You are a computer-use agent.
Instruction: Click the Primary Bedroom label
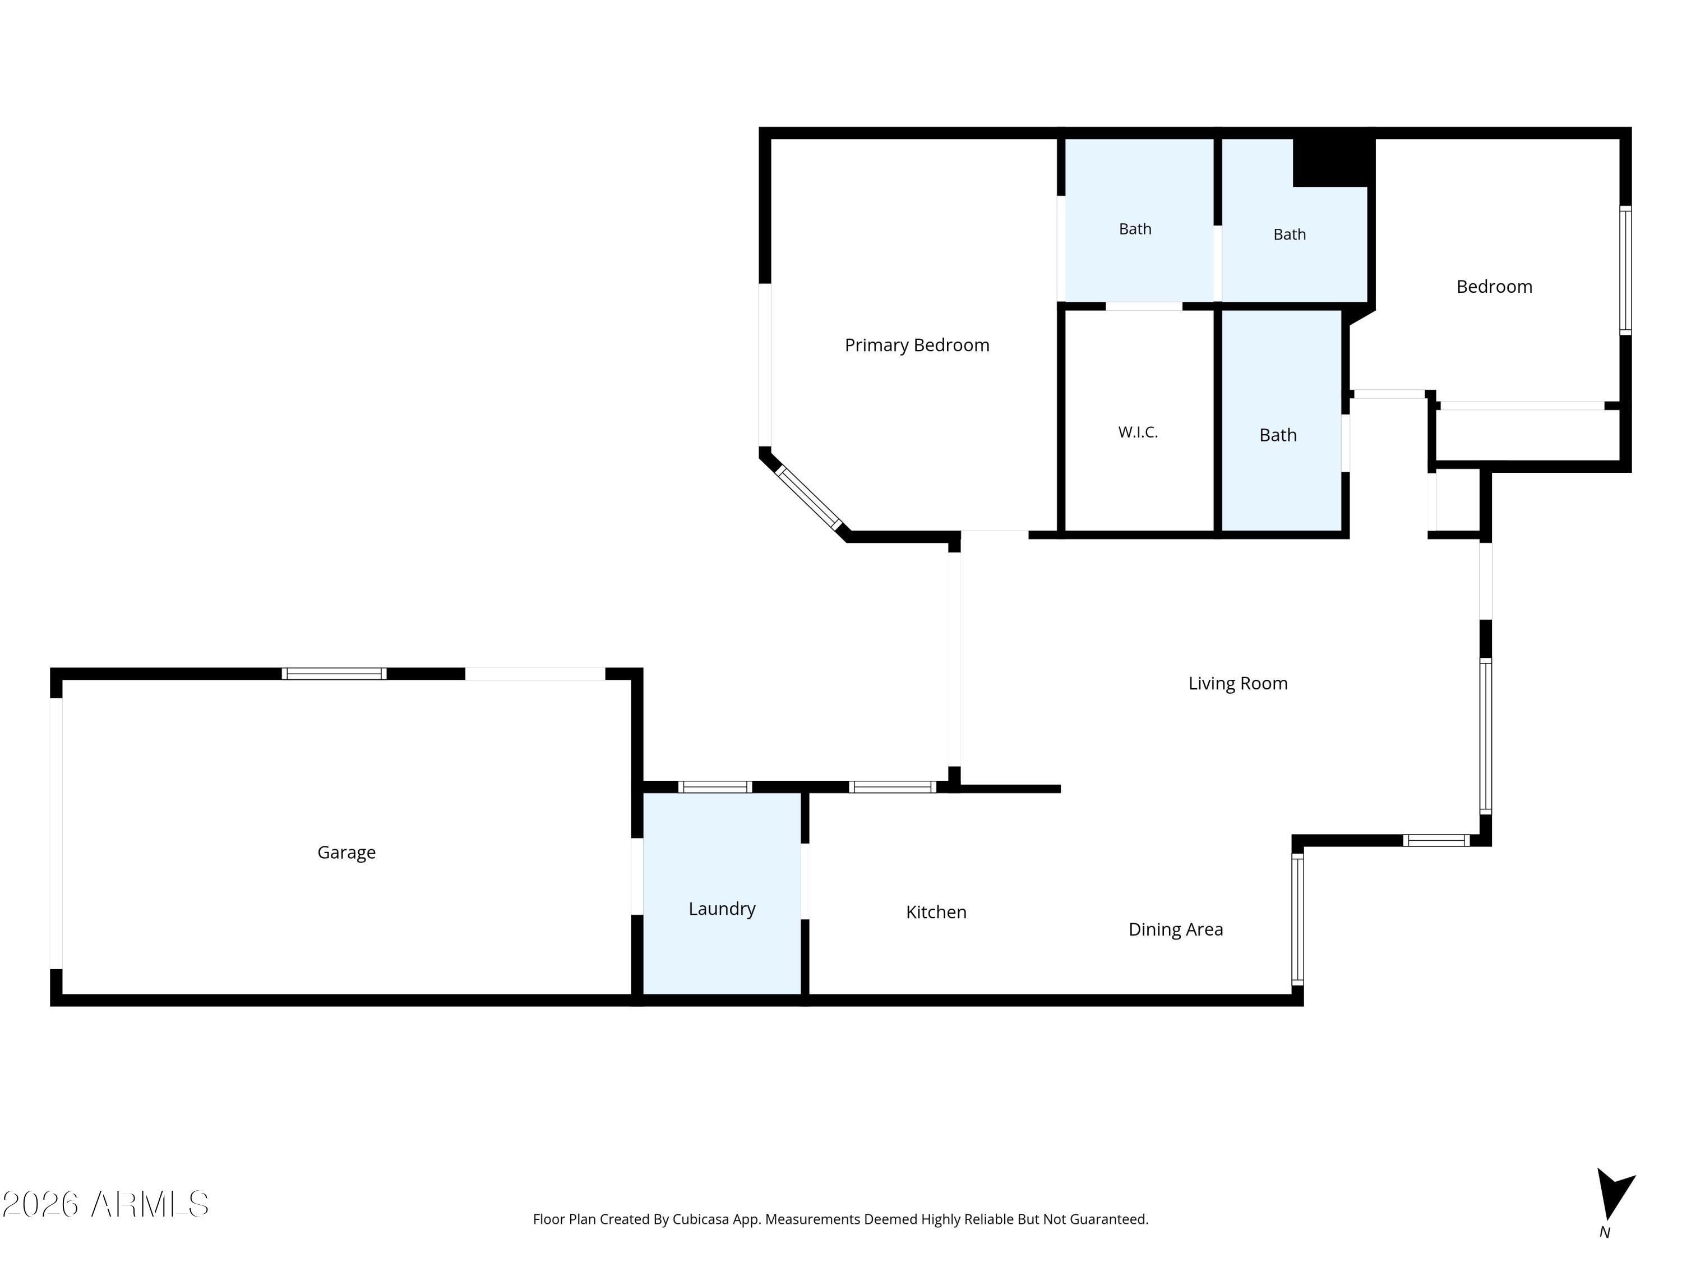click(x=917, y=346)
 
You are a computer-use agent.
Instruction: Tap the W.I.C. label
click(x=1138, y=432)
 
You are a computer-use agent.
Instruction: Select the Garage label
click(x=346, y=853)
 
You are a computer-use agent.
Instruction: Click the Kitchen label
click(x=936, y=912)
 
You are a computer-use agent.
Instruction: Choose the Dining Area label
click(x=1176, y=929)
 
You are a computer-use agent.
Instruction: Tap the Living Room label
click(x=1238, y=683)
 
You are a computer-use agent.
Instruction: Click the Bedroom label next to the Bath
click(x=1494, y=287)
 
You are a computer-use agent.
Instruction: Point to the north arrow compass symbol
click(x=1614, y=1194)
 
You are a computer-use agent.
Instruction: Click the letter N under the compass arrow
click(x=1605, y=1233)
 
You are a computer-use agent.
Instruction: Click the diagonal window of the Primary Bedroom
click(x=808, y=498)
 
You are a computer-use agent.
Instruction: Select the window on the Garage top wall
click(x=334, y=673)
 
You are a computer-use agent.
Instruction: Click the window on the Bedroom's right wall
click(x=1625, y=270)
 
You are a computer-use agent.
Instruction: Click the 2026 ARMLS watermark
click(x=106, y=1204)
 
